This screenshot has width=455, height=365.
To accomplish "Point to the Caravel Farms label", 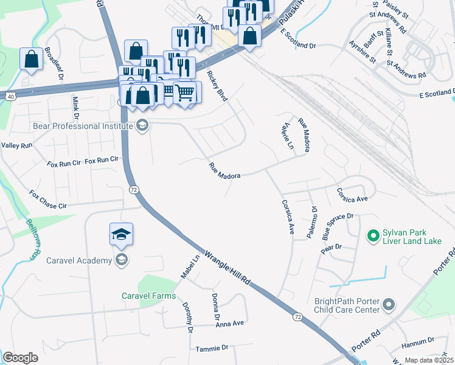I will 148,296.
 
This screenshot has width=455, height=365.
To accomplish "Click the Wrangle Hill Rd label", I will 228,270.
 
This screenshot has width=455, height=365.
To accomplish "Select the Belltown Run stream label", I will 32,238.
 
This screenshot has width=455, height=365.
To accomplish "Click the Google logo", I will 20,357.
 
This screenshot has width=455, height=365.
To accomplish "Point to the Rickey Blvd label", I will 217,86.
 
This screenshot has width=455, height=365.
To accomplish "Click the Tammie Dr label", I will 212,348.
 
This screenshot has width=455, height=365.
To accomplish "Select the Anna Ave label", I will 229,323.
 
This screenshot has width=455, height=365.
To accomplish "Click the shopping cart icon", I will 184,92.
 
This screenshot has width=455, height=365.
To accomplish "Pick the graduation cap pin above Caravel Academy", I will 121,234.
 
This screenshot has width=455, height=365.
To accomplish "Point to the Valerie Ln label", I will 286,136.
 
